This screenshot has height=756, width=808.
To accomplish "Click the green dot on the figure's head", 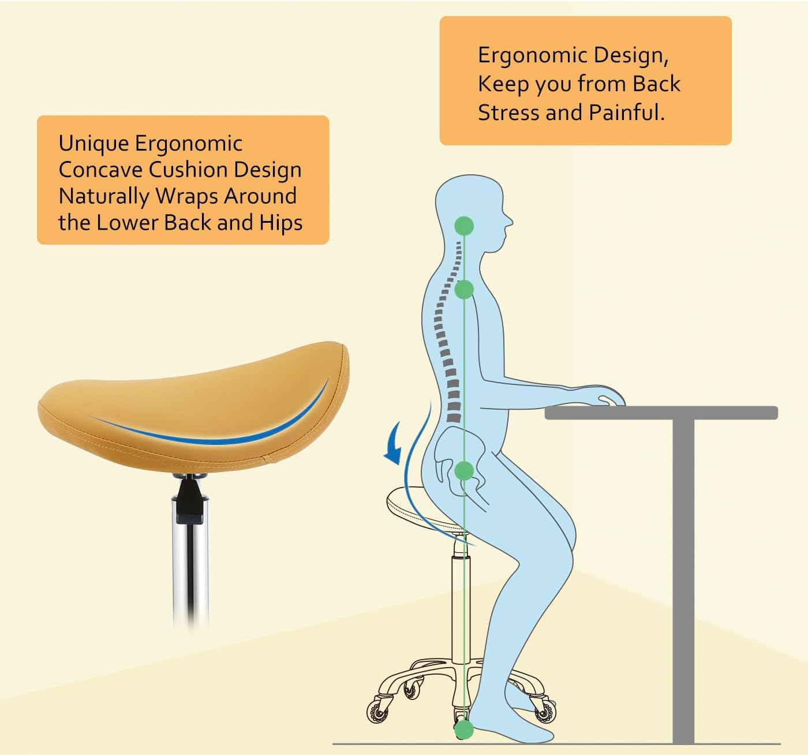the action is (463, 226).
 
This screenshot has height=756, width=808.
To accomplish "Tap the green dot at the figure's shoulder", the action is (463, 289).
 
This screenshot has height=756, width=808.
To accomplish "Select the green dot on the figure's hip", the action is (463, 471).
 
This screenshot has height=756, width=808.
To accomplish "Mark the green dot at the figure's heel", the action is (463, 729).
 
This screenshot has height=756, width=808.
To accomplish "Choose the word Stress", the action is (508, 112).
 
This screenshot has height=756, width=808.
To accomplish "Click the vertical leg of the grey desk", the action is (683, 577).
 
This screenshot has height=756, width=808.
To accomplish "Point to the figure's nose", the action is (508, 221).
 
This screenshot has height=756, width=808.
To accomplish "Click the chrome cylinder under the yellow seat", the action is (190, 571).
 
